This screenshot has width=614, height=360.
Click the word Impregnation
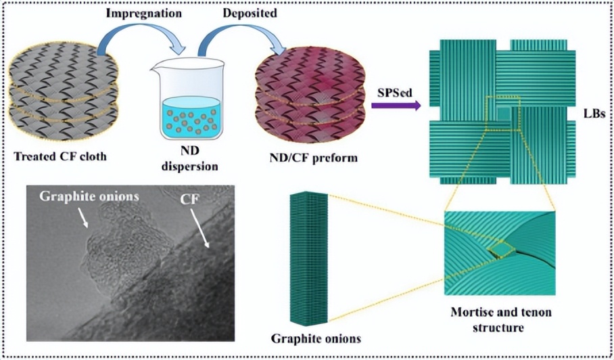(x=144, y=13)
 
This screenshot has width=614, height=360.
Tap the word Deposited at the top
(x=250, y=13)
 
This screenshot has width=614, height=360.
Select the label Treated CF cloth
(x=60, y=156)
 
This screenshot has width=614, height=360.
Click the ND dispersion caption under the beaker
(x=190, y=158)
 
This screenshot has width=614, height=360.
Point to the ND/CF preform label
(x=313, y=158)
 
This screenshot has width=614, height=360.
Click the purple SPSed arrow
(x=396, y=105)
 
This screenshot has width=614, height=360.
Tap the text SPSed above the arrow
(x=395, y=93)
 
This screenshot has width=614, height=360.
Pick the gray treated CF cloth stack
(x=63, y=92)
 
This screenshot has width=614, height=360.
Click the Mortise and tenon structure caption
(x=501, y=319)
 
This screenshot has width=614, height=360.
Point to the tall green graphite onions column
(x=308, y=258)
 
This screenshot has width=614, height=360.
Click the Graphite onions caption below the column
(x=316, y=338)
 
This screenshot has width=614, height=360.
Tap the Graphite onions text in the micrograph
(x=89, y=196)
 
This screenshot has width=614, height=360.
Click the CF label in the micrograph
(x=189, y=200)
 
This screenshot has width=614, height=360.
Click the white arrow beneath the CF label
(x=199, y=228)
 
